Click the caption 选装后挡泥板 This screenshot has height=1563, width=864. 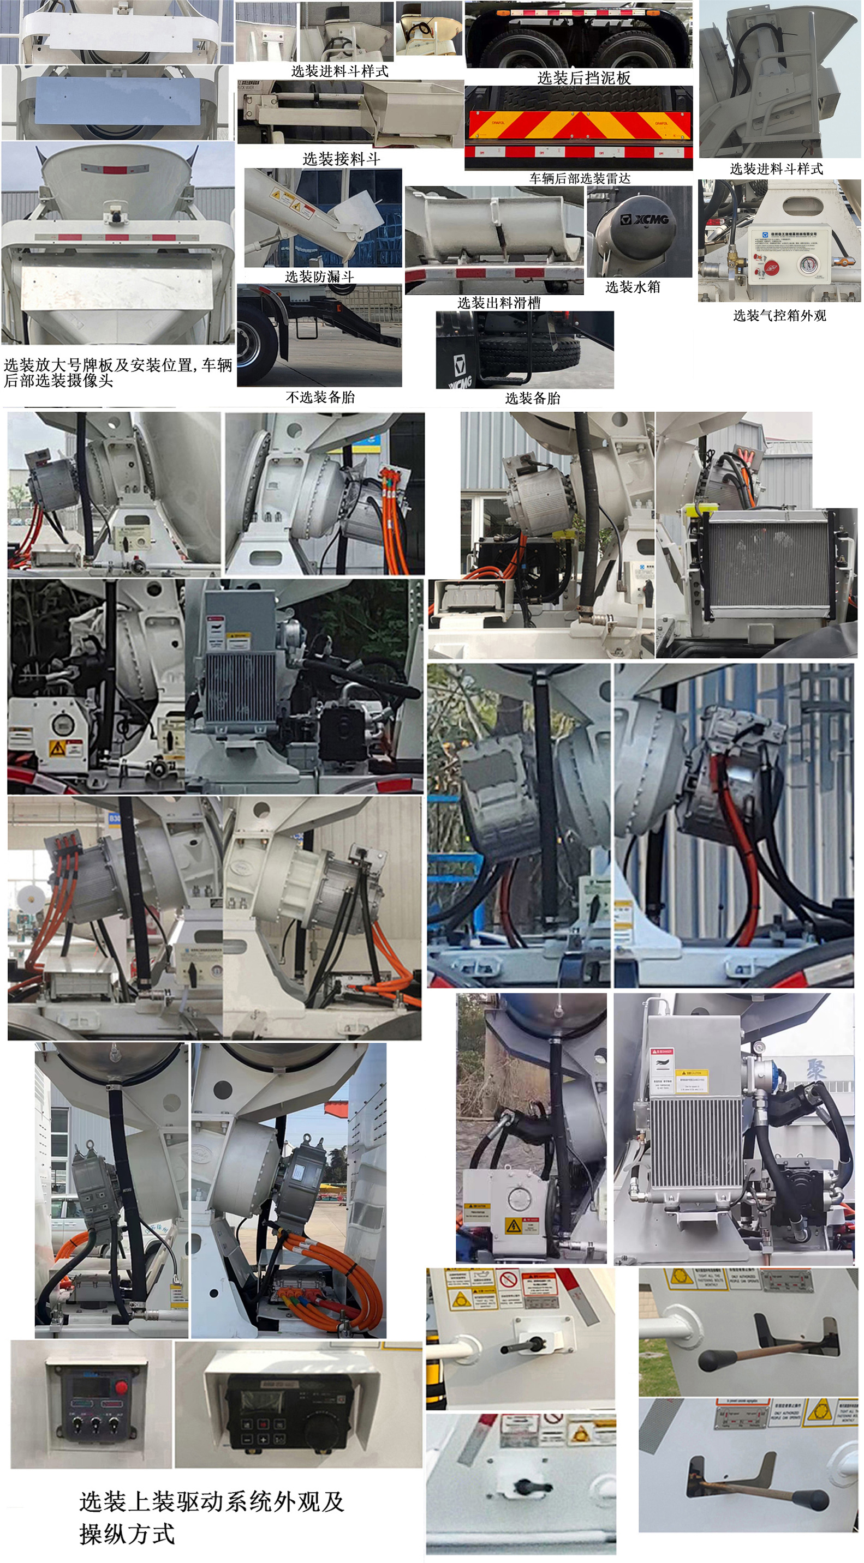coord(583,77)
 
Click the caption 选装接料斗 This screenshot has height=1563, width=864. coord(341,159)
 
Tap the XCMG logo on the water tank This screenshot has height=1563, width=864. coord(644,219)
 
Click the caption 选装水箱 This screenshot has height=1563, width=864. coord(632,287)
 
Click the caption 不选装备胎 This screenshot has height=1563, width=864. coord(320,397)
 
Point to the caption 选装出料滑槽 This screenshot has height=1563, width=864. coord(498,303)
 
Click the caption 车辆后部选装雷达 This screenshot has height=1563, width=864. coord(579,178)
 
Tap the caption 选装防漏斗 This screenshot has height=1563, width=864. coord(319,276)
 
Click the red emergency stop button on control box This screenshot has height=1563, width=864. coord(121,1387)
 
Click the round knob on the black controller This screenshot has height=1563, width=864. coord(319,1430)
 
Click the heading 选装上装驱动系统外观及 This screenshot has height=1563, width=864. coord(211,1502)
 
